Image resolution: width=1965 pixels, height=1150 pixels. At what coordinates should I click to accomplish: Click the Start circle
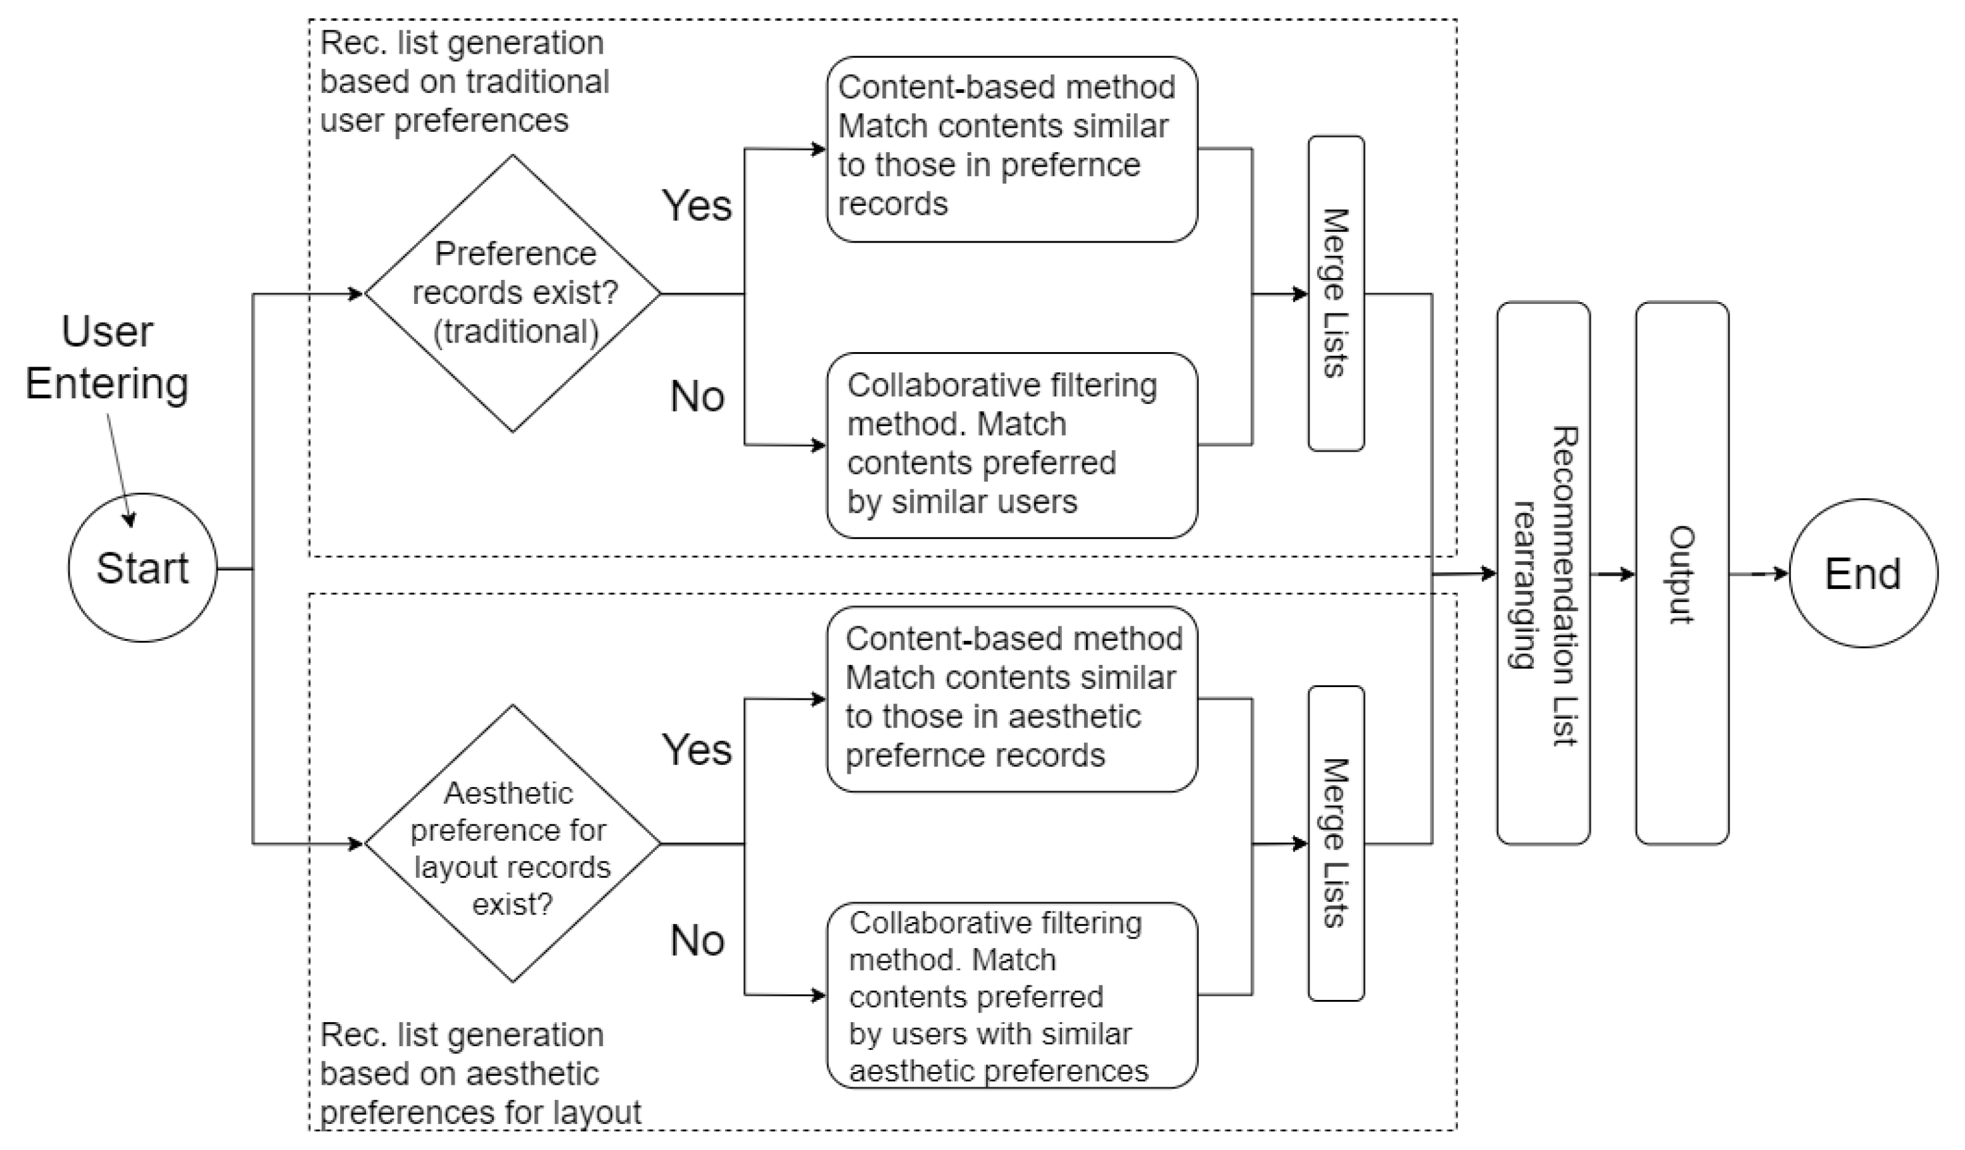142,567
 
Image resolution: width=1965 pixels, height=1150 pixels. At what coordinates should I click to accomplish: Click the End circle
1863,574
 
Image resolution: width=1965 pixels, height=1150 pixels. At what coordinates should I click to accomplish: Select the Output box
1682,574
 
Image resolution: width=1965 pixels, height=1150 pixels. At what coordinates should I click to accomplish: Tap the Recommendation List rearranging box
1543,574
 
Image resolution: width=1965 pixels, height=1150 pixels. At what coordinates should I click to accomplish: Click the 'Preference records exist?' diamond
513,293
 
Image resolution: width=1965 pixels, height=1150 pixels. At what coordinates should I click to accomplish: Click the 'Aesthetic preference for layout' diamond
513,844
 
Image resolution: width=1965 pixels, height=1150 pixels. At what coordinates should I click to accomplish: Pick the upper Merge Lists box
1336,293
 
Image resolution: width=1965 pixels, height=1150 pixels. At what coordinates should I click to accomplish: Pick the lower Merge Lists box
1336,844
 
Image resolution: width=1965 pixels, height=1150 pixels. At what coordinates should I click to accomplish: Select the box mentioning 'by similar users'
1011,445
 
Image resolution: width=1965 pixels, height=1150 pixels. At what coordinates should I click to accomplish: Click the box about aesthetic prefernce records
1011,698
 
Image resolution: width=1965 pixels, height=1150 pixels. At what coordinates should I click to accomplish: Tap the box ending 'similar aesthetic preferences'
1011,995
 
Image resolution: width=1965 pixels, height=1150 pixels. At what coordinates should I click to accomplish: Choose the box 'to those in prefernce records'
1011,149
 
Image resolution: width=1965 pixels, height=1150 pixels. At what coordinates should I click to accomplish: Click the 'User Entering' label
107,357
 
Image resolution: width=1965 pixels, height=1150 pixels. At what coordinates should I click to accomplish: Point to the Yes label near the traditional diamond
697,206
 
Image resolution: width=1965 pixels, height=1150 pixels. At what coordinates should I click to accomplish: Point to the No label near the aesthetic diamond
697,940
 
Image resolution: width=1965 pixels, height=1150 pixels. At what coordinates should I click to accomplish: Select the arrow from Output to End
1759,574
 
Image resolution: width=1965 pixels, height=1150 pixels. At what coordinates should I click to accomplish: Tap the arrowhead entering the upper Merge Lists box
1300,294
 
